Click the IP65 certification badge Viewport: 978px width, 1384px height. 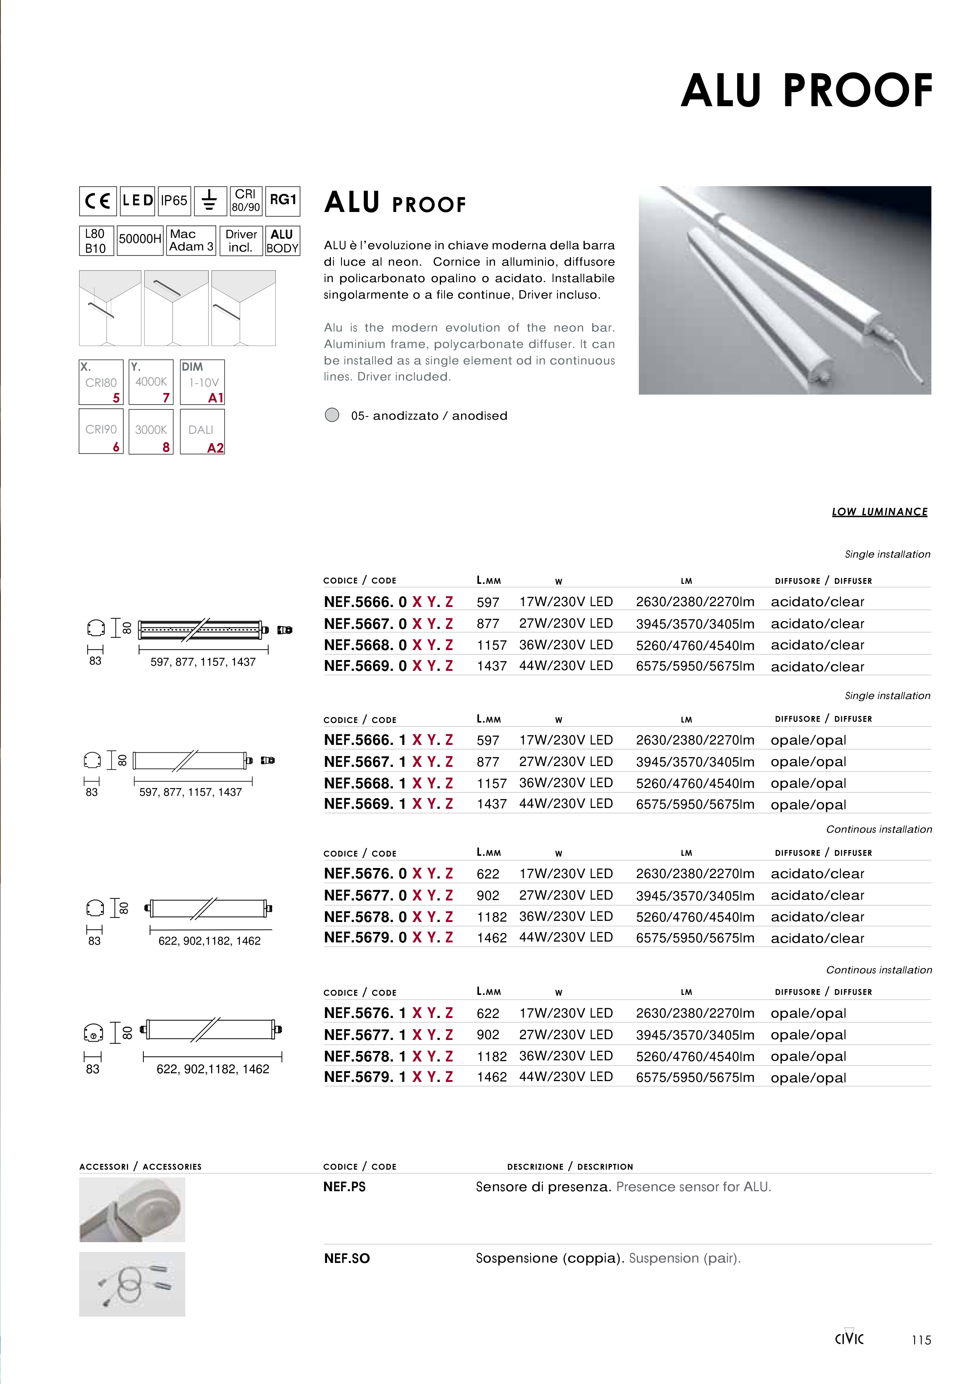pyautogui.click(x=174, y=201)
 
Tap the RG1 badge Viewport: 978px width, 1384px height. pyautogui.click(x=283, y=201)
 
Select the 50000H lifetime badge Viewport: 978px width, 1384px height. pyautogui.click(x=140, y=240)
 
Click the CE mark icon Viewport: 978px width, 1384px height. pyautogui.click(x=98, y=201)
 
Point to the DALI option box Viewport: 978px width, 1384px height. pyautogui.click(x=202, y=431)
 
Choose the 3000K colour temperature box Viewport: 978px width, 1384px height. pyautogui.click(x=151, y=431)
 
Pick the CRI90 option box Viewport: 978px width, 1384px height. pyautogui.click(x=101, y=431)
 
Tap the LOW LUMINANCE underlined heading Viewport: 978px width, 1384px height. pyautogui.click(x=879, y=512)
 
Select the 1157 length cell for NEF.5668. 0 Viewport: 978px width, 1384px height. pyautogui.click(x=492, y=645)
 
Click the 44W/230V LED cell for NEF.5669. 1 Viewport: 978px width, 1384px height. pyautogui.click(x=566, y=804)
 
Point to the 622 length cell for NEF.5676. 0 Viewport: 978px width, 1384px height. pyautogui.click(x=488, y=873)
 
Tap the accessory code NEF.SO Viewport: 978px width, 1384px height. pyautogui.click(x=347, y=1258)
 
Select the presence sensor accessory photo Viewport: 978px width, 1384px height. pyautogui.click(x=132, y=1209)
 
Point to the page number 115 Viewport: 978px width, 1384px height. pyautogui.click(x=921, y=1340)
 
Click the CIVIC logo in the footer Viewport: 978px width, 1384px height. pyautogui.click(x=849, y=1338)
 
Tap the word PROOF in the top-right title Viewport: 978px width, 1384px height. pyautogui.click(x=857, y=91)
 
